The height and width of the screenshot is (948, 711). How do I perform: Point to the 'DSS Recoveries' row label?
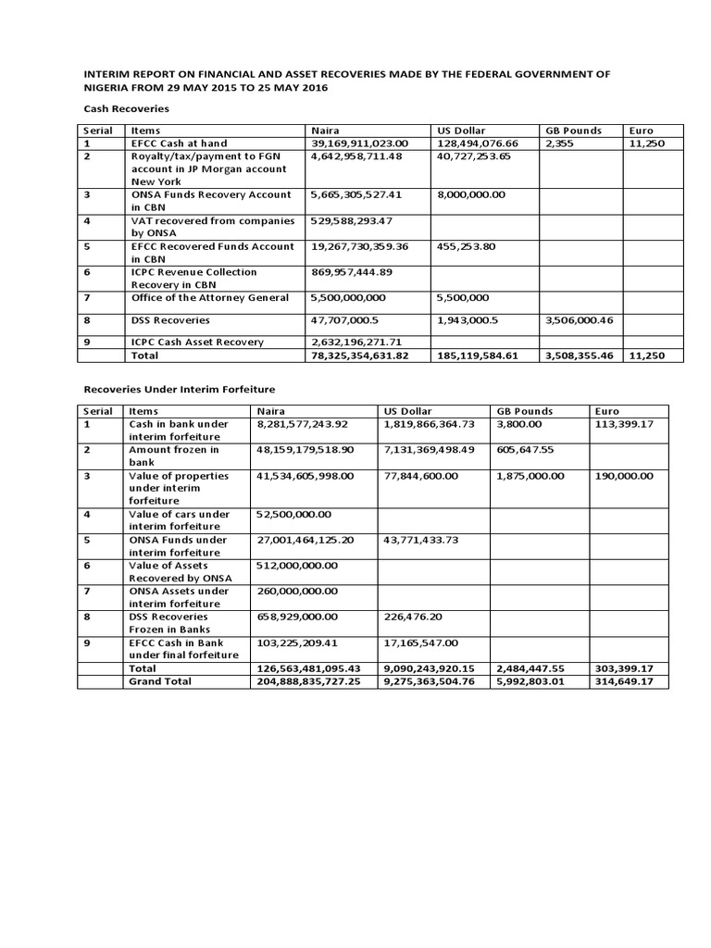(x=170, y=320)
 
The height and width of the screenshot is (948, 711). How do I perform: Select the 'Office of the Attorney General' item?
(x=210, y=298)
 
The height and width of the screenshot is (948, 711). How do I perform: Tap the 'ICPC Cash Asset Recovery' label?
(x=198, y=343)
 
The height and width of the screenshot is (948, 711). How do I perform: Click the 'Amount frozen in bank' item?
(x=173, y=455)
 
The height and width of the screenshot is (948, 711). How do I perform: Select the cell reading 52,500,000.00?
(x=293, y=514)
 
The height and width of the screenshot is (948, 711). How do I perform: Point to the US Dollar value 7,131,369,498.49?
(x=428, y=449)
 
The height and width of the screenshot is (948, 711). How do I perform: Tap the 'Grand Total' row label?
(x=160, y=681)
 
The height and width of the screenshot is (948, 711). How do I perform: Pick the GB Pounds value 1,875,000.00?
(x=530, y=475)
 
